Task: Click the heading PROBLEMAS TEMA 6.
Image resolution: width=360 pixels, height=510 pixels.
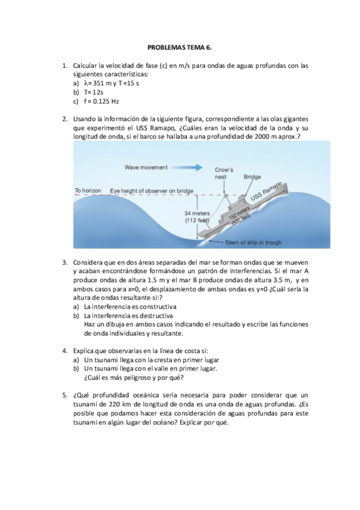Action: [180, 48]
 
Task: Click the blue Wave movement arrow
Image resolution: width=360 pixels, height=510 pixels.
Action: [186, 168]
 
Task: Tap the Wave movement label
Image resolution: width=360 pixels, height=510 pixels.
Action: [146, 168]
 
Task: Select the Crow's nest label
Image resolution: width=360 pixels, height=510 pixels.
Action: [224, 173]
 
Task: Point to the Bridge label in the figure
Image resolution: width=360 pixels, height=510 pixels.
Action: [252, 177]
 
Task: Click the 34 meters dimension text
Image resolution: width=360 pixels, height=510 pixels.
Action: [197, 214]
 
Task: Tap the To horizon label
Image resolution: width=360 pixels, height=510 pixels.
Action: [88, 191]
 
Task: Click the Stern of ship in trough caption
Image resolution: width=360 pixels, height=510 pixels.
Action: [254, 242]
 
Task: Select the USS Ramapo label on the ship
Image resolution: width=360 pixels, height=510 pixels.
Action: [266, 192]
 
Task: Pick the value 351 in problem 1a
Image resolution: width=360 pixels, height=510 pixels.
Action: [99, 83]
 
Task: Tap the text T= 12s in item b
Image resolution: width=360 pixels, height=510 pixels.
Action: [94, 93]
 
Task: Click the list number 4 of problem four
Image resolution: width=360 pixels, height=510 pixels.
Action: [65, 351]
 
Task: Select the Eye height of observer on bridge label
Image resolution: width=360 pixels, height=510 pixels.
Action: [151, 191]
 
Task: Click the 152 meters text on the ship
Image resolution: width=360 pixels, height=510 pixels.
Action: [239, 213]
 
